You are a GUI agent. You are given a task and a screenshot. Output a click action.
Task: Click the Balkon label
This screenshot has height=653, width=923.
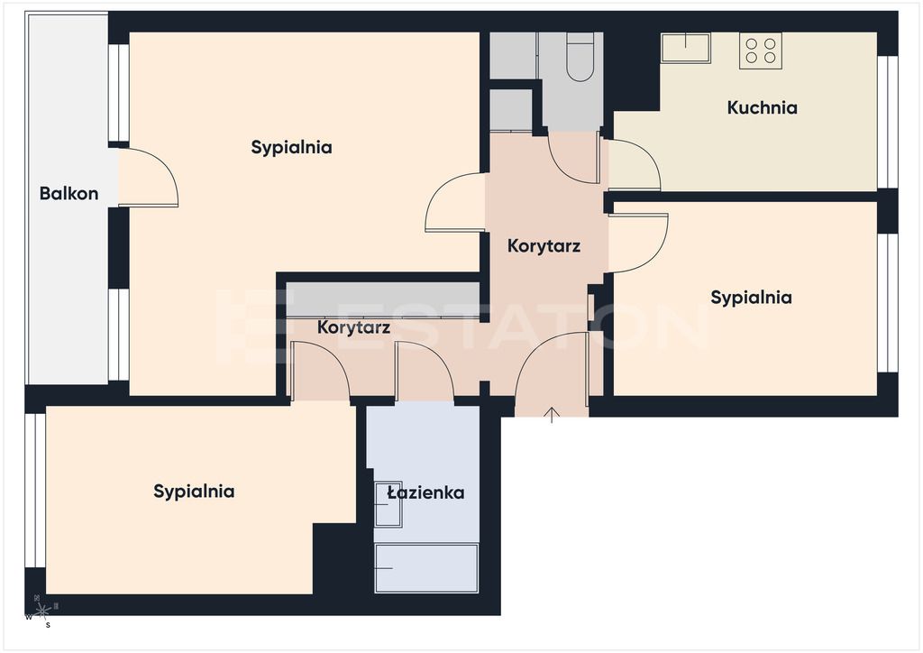tap(69, 193)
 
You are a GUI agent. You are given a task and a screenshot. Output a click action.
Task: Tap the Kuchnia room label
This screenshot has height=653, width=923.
tap(763, 107)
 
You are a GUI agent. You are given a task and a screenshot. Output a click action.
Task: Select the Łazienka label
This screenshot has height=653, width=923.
tap(425, 492)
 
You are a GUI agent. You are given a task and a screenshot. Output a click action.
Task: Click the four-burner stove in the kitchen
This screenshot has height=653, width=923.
tap(761, 51)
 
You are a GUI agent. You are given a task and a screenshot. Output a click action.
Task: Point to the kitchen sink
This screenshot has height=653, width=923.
tap(686, 48)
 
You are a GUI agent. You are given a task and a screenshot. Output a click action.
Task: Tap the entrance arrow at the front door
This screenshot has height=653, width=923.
tap(552, 415)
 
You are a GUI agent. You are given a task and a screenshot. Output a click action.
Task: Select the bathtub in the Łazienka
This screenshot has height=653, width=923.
tap(426, 568)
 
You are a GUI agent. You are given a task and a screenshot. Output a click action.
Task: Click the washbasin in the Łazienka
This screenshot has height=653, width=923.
tap(388, 504)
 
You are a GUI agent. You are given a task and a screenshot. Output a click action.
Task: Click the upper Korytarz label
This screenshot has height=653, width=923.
tap(544, 245)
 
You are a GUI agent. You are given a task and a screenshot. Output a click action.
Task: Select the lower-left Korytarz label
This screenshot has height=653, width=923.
tap(353, 327)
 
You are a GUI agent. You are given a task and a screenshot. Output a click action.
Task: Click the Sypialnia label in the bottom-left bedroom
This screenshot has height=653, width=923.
tap(195, 491)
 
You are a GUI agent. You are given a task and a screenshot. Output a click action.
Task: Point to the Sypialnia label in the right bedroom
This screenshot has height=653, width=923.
tap(751, 298)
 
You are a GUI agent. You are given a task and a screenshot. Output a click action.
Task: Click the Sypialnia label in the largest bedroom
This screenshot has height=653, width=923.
tap(291, 147)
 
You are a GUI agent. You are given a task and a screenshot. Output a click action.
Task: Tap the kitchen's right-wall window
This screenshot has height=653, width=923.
tap(888, 122)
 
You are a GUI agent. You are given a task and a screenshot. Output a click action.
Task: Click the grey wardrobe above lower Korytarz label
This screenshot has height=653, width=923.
tap(384, 300)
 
